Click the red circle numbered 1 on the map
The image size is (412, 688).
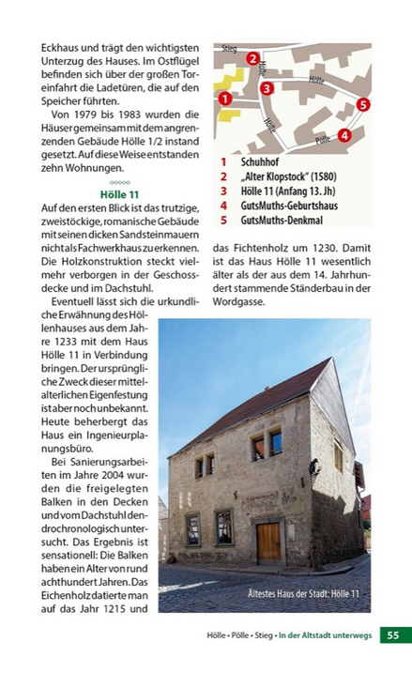pos(224,98)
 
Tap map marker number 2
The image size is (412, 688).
pos(253,59)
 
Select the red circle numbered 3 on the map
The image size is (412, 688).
pos(267,89)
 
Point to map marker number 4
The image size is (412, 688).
pos(344,134)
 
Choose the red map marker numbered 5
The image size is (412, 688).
pos(362,105)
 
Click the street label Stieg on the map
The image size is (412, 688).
pos(229,48)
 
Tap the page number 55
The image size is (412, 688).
pos(393,635)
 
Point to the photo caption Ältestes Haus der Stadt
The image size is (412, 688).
pos(303,593)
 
